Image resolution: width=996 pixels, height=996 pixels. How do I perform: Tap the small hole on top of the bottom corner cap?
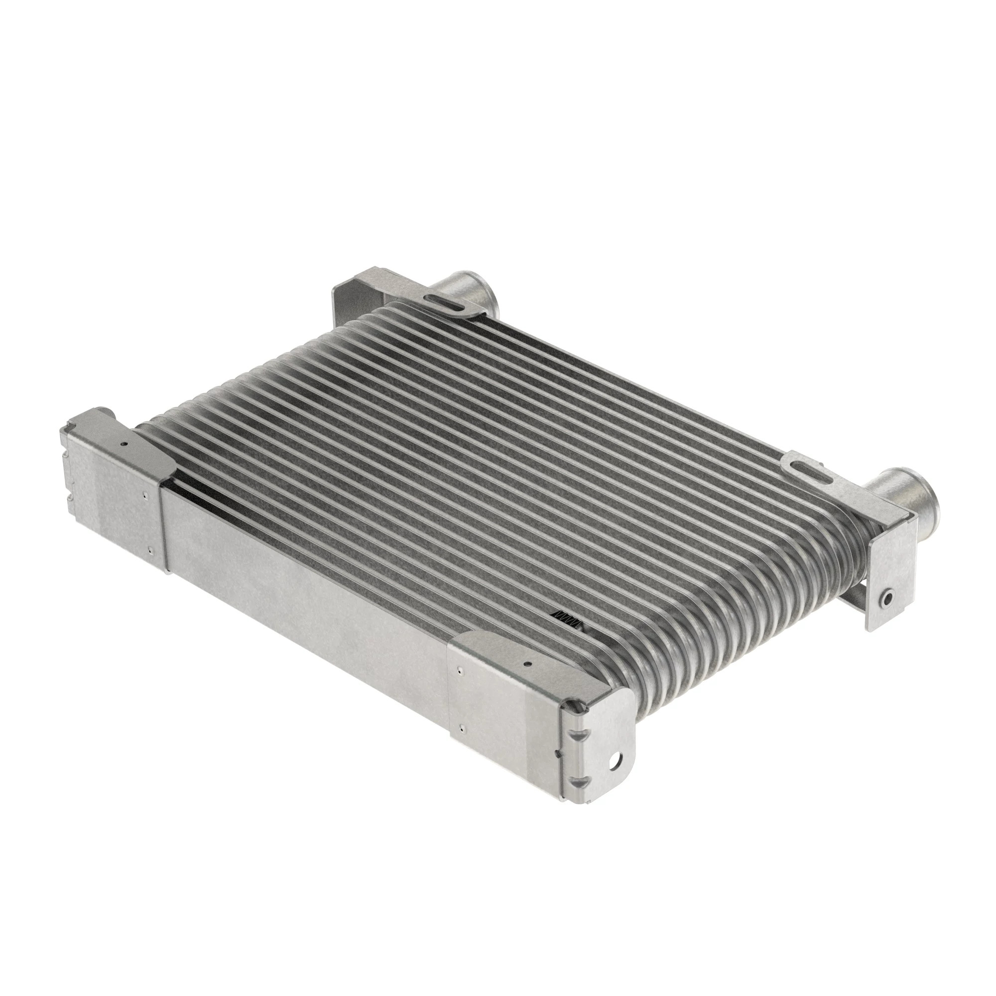pos(527,665)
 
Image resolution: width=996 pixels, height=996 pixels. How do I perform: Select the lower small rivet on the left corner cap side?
pos(149,551)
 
